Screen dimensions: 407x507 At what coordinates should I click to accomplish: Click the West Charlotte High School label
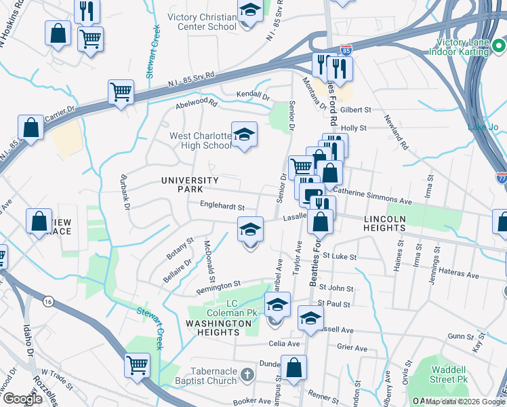tap(200, 140)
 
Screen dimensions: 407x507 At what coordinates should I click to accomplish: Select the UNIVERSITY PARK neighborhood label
tap(189, 185)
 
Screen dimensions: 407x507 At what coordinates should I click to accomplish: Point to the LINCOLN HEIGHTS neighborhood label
tap(394, 224)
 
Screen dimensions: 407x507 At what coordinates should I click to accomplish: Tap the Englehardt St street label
tap(221, 206)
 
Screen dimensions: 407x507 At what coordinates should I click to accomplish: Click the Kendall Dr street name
tap(252, 94)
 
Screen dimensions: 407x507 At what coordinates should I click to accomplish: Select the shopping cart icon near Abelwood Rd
tap(121, 92)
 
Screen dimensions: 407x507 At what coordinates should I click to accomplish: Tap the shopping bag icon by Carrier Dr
tap(31, 127)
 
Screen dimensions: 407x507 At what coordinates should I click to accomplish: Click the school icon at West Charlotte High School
tap(244, 135)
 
